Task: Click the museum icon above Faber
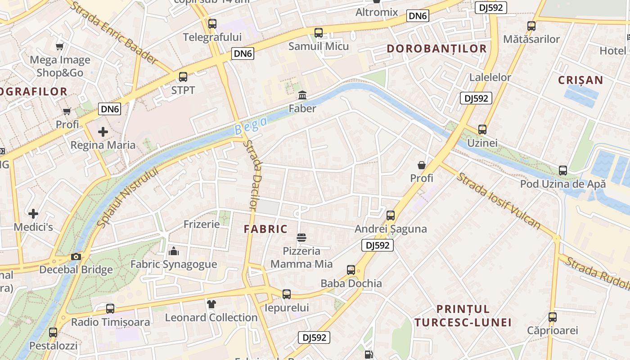click(x=302, y=95)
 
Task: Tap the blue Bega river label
click(x=251, y=126)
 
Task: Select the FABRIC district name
click(x=265, y=229)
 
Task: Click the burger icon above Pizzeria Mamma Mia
click(x=301, y=237)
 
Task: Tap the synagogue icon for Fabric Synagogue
click(x=174, y=251)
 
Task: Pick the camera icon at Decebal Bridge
click(x=76, y=256)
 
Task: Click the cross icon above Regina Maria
click(x=103, y=132)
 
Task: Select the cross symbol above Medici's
click(x=33, y=214)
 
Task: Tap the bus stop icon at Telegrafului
click(x=212, y=23)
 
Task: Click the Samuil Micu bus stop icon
click(x=319, y=32)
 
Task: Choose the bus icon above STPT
click(x=183, y=76)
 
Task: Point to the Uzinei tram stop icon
click(x=482, y=130)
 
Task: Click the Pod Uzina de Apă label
click(x=563, y=184)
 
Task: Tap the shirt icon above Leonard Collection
click(x=211, y=304)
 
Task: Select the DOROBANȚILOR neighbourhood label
click(x=436, y=49)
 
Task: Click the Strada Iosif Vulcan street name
click(x=498, y=201)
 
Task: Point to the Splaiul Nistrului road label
click(x=128, y=197)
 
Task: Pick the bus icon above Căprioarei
click(x=553, y=317)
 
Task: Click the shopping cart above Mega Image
click(x=60, y=46)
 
